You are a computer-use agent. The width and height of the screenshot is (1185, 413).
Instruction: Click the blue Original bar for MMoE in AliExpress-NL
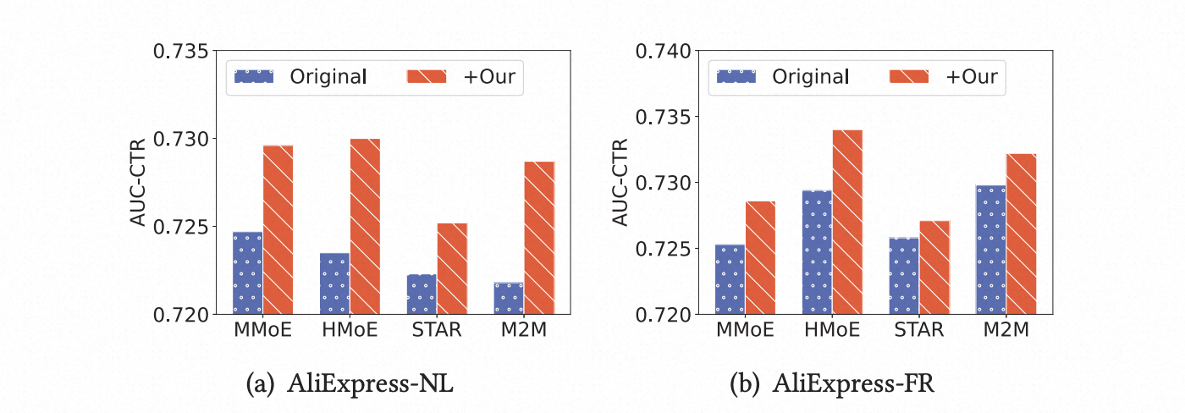(248, 273)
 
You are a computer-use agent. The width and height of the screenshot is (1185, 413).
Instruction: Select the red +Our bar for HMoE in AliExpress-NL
(365, 226)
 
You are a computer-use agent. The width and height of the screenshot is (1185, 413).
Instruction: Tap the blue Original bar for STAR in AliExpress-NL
(422, 294)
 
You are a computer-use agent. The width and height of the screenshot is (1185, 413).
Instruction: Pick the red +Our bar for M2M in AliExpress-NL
(539, 238)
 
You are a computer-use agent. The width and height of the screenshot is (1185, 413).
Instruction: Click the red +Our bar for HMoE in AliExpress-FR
(847, 222)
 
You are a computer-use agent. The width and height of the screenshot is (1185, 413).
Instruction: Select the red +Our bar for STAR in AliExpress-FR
(934, 267)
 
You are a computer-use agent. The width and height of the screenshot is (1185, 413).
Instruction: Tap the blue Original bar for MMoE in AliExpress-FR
(730, 279)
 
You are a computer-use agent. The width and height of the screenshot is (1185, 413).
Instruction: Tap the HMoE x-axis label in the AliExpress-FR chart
(832, 331)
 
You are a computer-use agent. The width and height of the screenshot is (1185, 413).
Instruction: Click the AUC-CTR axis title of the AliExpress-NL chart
(139, 183)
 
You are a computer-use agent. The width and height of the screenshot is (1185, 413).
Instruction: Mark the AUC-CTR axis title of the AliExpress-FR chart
(620, 183)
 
